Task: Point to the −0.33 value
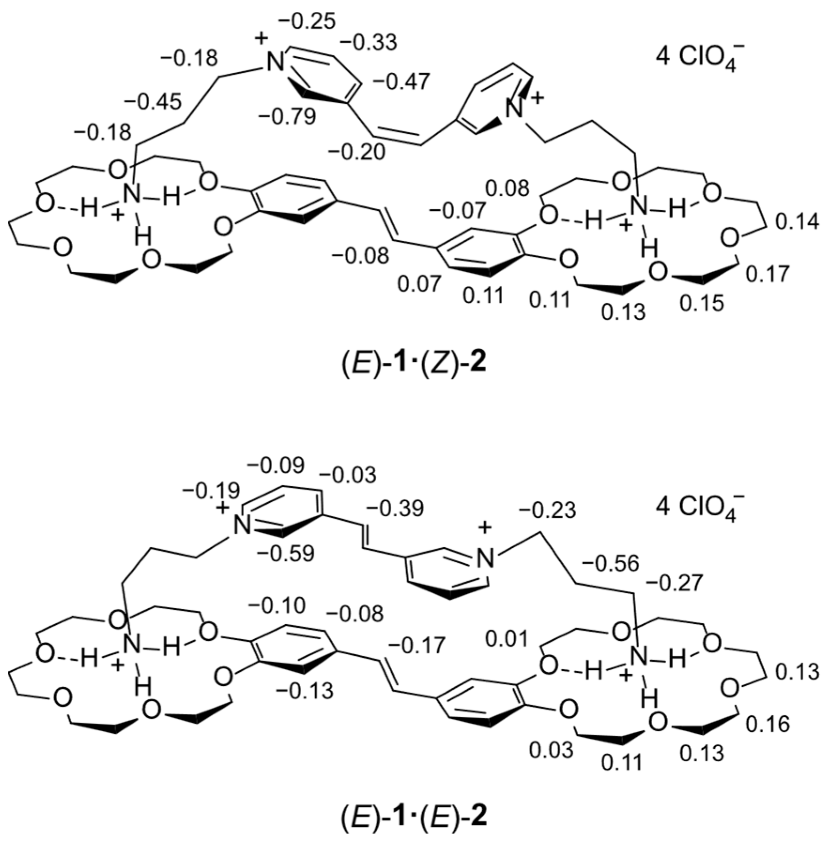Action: (368, 43)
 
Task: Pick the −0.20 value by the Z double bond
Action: (357, 152)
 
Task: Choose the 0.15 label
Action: (702, 304)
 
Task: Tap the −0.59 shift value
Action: (286, 554)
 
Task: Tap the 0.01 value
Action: (507, 639)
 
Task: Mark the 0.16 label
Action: (768, 725)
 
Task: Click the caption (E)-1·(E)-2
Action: (413, 817)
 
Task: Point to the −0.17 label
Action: (416, 646)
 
